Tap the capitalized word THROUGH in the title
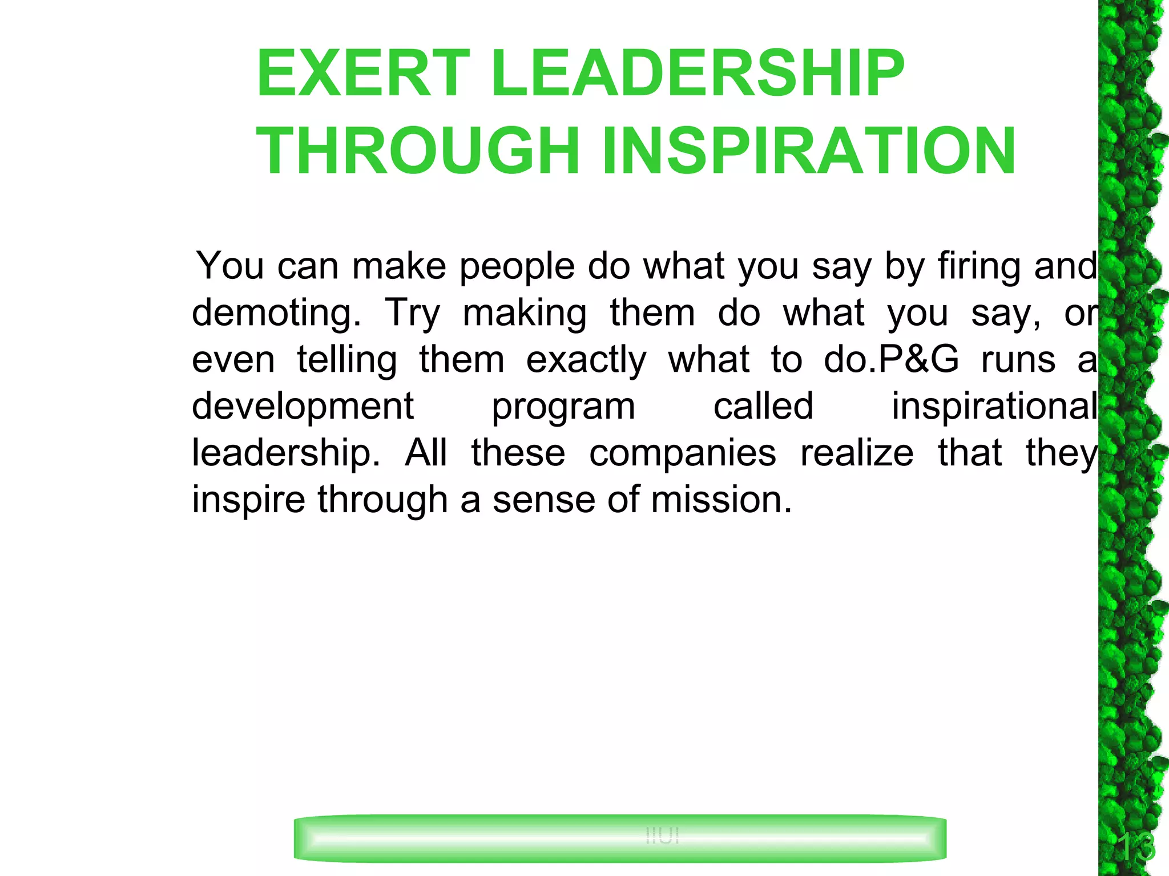(418, 151)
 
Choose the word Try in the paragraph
(413, 313)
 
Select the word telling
(347, 360)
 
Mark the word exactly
(586, 360)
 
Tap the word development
(303, 407)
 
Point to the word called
(763, 407)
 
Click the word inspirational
(994, 407)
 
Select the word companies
(683, 453)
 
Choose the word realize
(857, 453)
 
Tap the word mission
(721, 500)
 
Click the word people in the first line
(517, 266)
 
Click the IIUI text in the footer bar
(662, 836)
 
